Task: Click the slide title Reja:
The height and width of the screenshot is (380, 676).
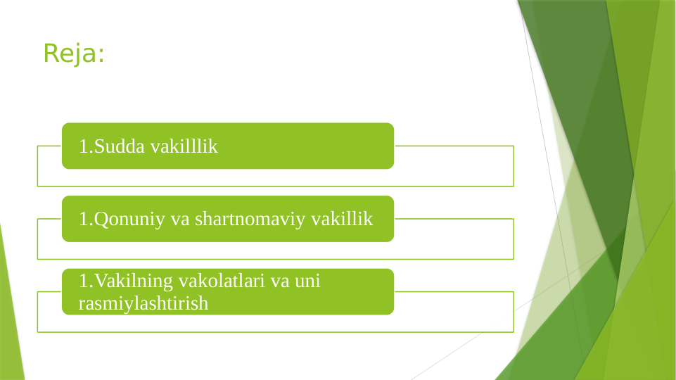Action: [73, 53]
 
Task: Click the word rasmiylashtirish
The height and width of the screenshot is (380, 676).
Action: [144, 303]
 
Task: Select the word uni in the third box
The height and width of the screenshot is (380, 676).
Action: [307, 281]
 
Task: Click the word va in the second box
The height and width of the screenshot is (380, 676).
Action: [181, 219]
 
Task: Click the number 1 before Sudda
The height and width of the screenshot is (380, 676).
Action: [83, 146]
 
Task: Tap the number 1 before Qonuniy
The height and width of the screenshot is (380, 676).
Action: [83, 219]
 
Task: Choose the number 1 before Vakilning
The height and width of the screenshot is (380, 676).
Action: [83, 281]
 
